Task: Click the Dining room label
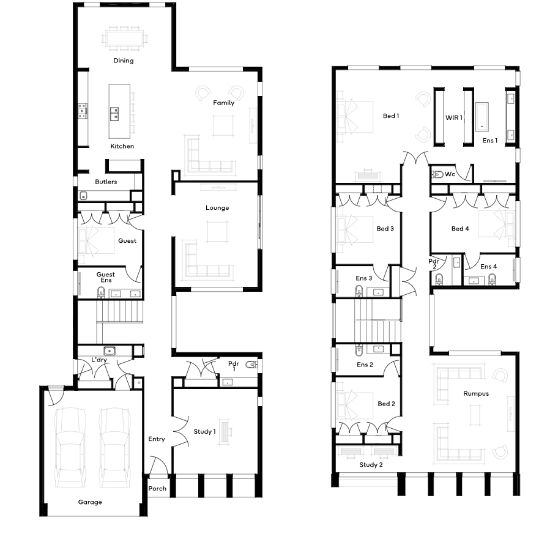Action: pos(124,61)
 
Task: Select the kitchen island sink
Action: pos(114,114)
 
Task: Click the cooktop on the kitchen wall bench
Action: pos(83,111)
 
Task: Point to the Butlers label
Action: pos(106,182)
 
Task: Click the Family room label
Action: pos(223,103)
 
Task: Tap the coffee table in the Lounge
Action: pos(217,231)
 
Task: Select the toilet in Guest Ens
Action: pos(101,292)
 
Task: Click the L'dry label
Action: pos(99,360)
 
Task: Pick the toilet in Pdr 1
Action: pos(251,365)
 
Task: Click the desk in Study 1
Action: pos(225,431)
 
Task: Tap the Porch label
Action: pos(157,489)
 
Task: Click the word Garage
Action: pos(90,502)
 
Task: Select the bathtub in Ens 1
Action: pos(482,116)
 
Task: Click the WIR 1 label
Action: pos(454,117)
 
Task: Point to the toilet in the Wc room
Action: pos(437,174)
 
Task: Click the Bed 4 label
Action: pos(460,229)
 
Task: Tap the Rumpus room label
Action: pos(476,393)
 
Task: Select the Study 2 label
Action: pos(371,465)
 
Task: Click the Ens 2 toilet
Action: pos(359,350)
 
